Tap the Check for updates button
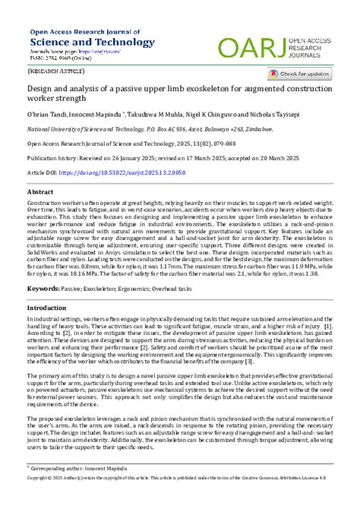click(x=299, y=74)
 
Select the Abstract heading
click(x=40, y=193)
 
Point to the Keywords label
click(x=43, y=289)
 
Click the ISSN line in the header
click(x=62, y=59)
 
